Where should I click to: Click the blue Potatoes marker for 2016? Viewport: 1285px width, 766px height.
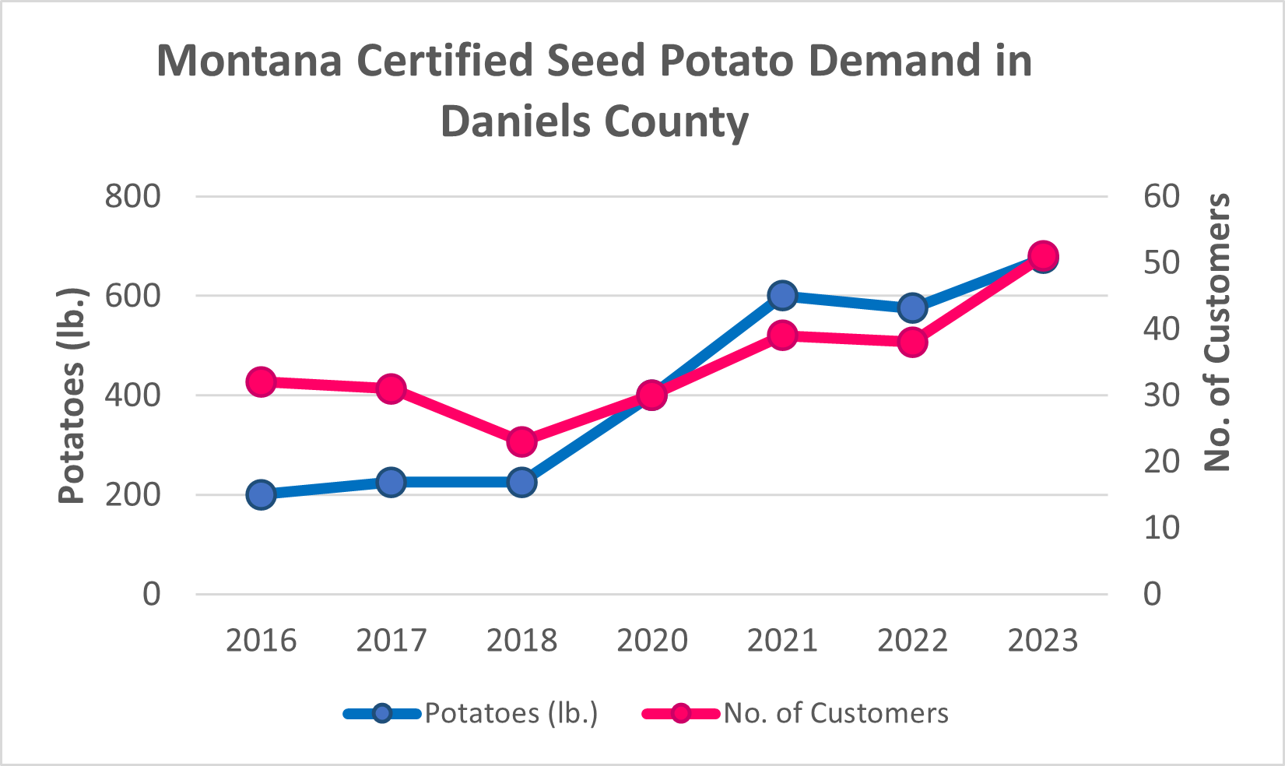262,494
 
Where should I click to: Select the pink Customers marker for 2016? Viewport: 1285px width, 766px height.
262,382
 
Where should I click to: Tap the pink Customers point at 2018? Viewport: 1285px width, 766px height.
521,442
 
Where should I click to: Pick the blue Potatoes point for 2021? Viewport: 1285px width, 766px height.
782,296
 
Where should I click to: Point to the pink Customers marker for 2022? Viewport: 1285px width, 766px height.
912,342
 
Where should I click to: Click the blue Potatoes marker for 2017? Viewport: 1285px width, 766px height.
391,482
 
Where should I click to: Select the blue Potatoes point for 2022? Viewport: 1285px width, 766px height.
912,307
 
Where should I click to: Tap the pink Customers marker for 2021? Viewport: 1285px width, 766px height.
782,336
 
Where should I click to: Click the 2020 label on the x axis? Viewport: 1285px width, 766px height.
652,641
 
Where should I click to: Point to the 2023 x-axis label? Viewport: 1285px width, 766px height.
1042,641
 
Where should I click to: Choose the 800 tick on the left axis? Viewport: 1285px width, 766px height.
133,196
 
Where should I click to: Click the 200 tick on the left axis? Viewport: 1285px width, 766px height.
133,494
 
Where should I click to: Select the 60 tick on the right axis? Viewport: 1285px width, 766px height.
1161,196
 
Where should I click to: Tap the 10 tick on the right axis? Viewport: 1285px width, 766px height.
1161,528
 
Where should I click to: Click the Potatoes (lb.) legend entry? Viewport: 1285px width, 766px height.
511,713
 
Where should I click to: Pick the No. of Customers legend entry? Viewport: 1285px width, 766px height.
836,713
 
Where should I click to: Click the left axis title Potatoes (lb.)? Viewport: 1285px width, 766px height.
72,395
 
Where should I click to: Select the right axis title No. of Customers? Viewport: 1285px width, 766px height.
1217,332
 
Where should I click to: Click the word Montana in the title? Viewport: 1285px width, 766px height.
249,61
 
